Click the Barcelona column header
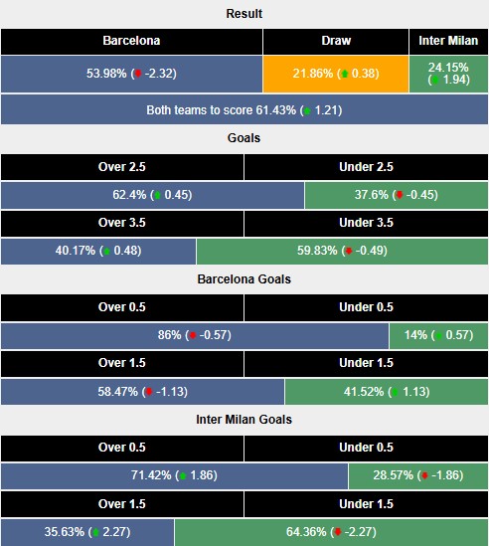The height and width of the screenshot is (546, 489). (x=131, y=42)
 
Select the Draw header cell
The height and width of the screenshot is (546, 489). (x=336, y=42)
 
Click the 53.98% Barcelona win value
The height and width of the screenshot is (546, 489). (x=131, y=74)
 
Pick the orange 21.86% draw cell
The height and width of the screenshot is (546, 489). (x=336, y=74)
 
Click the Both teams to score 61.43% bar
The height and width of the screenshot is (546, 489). (x=244, y=108)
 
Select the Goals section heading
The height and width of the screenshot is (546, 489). (x=244, y=138)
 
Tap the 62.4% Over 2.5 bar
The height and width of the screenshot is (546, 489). (x=152, y=195)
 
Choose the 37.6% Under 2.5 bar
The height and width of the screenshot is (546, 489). (x=397, y=195)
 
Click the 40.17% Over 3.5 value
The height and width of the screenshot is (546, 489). (x=98, y=251)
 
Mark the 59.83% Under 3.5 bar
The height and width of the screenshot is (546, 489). (x=342, y=251)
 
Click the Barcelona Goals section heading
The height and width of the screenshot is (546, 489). (x=244, y=279)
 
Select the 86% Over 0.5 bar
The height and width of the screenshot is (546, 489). (x=195, y=336)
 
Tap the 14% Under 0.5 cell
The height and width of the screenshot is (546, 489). (x=438, y=336)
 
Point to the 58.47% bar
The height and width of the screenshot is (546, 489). (x=143, y=392)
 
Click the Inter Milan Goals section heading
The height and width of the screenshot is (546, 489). (x=244, y=420)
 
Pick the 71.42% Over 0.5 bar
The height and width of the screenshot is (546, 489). (x=175, y=476)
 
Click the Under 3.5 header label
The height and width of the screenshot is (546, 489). (x=366, y=223)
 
